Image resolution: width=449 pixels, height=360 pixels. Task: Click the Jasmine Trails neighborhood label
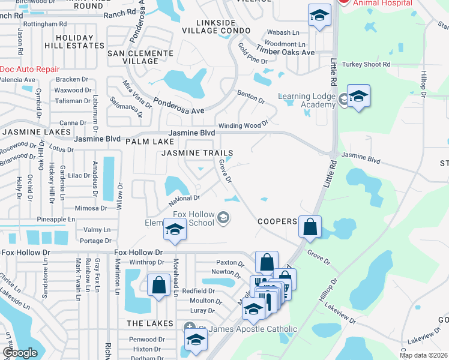coord(197,153)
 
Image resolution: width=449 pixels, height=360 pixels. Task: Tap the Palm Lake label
coord(150,142)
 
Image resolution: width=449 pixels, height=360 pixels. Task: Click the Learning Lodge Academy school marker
coord(358,97)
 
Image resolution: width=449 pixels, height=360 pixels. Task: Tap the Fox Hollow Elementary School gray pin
coord(223,217)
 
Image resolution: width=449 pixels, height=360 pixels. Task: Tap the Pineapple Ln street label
coord(56,220)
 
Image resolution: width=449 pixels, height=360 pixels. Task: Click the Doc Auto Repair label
coord(30,69)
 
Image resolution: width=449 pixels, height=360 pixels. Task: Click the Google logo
coord(20,353)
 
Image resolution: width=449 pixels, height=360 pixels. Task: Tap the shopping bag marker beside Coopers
coord(310,228)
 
